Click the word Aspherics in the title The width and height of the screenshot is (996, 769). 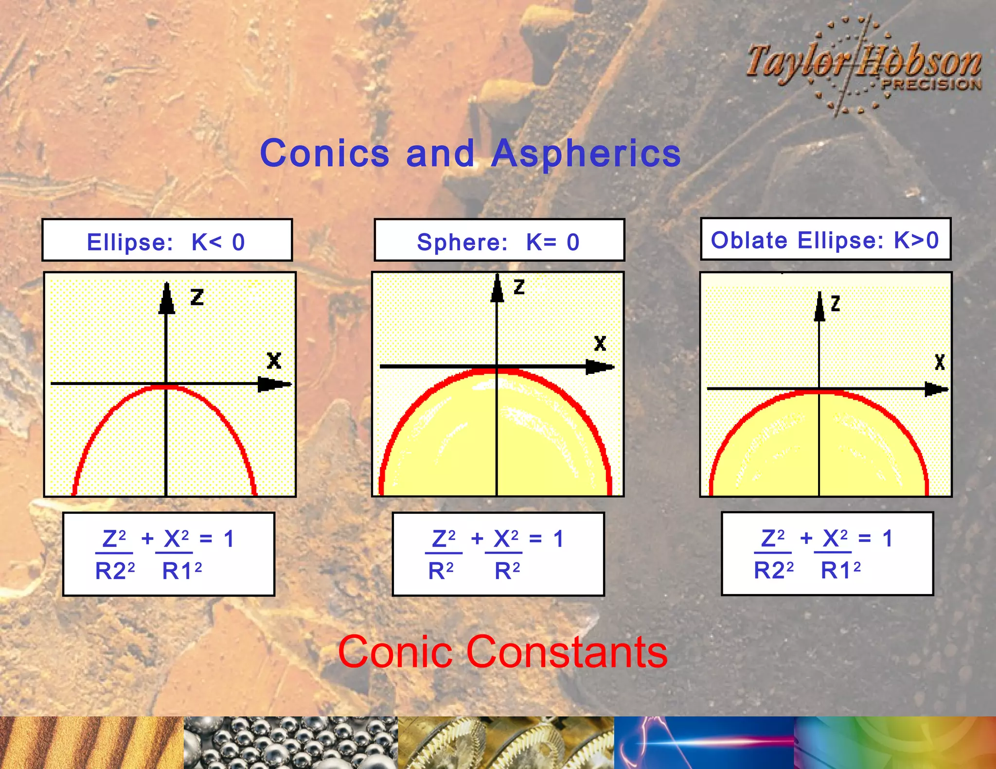tap(586, 153)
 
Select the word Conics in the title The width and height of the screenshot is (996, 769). tap(324, 153)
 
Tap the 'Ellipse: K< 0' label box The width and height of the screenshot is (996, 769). tap(167, 241)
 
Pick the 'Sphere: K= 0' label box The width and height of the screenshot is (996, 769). tap(499, 241)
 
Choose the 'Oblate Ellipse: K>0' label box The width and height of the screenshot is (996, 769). tap(825, 239)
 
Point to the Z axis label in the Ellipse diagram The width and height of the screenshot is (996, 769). tap(197, 297)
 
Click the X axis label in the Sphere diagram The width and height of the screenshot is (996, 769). tap(600, 344)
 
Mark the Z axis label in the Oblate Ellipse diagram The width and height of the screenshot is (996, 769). tap(836, 304)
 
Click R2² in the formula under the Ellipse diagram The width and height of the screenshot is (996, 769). tap(115, 571)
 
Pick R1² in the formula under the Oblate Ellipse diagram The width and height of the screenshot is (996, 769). tap(840, 570)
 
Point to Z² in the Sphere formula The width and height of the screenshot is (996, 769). tap(444, 539)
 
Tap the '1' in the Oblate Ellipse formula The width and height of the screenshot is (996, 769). tap(888, 539)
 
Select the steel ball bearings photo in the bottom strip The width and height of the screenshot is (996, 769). tap(291, 742)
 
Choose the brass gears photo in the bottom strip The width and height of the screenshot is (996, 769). tap(506, 742)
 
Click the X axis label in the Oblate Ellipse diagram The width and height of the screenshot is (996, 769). tap(940, 362)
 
